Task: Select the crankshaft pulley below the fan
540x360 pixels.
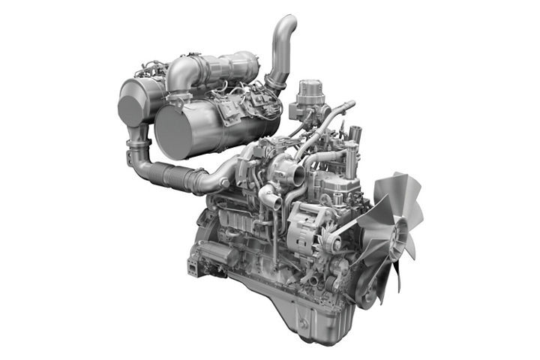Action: click(x=367, y=289)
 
